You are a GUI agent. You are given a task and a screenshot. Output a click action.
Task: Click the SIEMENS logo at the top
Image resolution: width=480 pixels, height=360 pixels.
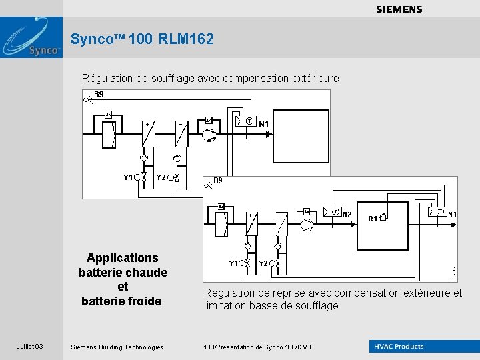pos(399,9)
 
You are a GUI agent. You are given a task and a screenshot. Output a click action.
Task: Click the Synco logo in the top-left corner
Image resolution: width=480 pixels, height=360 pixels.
pos(31,37)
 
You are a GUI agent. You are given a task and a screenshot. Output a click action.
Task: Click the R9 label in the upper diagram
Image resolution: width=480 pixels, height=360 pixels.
pos(99,95)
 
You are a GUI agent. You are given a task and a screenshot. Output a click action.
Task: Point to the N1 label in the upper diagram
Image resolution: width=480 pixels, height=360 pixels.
pos(264,124)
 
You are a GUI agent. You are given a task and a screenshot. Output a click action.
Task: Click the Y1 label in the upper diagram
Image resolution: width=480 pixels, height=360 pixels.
pos(128,177)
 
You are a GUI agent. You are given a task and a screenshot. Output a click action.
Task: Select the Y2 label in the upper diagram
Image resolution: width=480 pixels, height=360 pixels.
pos(161,177)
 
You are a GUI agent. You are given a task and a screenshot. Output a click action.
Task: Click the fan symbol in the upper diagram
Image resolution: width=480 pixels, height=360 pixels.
pos(209,135)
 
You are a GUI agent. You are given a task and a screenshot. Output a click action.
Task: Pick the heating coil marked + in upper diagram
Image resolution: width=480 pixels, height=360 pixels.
pos(148,135)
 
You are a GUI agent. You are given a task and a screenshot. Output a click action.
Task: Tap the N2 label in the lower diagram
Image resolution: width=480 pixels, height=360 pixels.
pos(347,215)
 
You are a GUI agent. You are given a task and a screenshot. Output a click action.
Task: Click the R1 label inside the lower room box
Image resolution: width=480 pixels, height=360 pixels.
pos(373,219)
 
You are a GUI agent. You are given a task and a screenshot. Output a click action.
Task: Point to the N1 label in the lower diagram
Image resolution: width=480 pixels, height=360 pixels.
pos(452,215)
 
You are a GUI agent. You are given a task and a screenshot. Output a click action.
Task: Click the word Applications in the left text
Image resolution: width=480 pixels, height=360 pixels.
pos(123,258)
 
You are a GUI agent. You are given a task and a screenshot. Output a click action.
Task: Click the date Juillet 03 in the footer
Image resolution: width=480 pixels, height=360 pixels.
pos(30,347)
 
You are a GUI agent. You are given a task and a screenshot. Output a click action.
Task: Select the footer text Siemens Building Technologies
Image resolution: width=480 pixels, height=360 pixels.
pos(117,347)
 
